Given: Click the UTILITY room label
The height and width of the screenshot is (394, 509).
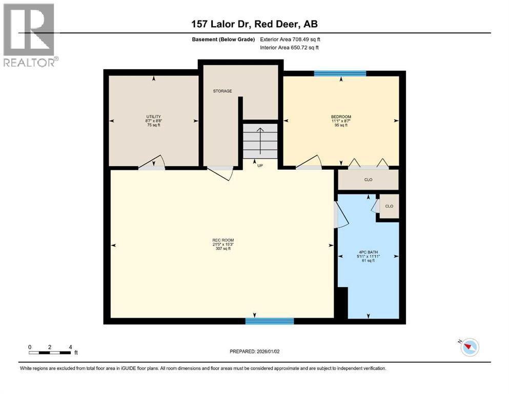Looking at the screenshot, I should click(x=153, y=116).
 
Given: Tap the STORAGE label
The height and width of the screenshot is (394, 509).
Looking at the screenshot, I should click(x=222, y=91).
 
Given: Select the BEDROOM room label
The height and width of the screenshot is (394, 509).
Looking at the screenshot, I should click(x=341, y=117).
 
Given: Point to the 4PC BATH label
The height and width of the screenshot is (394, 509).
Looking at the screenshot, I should click(x=367, y=252).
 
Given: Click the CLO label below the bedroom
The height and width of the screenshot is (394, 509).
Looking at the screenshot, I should click(x=368, y=180).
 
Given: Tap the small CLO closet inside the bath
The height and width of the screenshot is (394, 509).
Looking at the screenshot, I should click(x=389, y=206).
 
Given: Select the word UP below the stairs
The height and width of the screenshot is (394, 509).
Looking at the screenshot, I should click(x=260, y=166).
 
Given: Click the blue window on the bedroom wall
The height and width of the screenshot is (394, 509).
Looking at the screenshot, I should click(x=340, y=73).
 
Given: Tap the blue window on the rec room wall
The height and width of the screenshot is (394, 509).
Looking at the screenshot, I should click(x=269, y=321).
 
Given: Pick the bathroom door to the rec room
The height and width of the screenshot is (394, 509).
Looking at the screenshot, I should click(x=339, y=215).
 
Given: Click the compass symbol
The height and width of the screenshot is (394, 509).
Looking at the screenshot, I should click(x=469, y=347).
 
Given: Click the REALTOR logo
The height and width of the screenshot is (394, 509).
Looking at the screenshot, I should click(x=29, y=35).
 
